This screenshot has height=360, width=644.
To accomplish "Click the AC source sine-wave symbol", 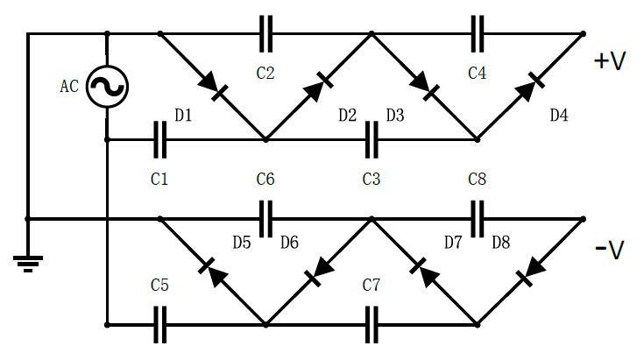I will click(107, 87).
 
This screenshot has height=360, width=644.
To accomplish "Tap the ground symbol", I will click(28, 261).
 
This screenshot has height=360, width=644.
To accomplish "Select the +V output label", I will click(609, 62).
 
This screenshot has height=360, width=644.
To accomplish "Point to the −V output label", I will click(609, 251).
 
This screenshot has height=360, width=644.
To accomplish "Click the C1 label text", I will click(159, 180).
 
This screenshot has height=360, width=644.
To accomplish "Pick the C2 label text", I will click(265, 74).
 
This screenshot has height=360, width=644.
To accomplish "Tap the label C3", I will click(371, 180).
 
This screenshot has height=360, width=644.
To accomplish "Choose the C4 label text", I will click(477, 74).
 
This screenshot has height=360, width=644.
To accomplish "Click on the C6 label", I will click(265, 180).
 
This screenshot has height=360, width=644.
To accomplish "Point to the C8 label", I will click(477, 180).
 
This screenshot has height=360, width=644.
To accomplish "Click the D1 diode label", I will click(183, 116).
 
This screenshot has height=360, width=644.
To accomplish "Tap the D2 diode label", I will click(347, 116).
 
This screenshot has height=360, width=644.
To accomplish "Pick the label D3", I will click(395, 116).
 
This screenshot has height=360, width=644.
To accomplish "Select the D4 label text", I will click(559, 116).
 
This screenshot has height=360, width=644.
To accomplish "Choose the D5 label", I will click(242, 242).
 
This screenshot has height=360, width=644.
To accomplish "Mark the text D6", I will click(289, 242).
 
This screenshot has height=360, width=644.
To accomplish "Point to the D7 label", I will click(453, 242).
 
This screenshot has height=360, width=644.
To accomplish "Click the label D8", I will click(500, 242).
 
